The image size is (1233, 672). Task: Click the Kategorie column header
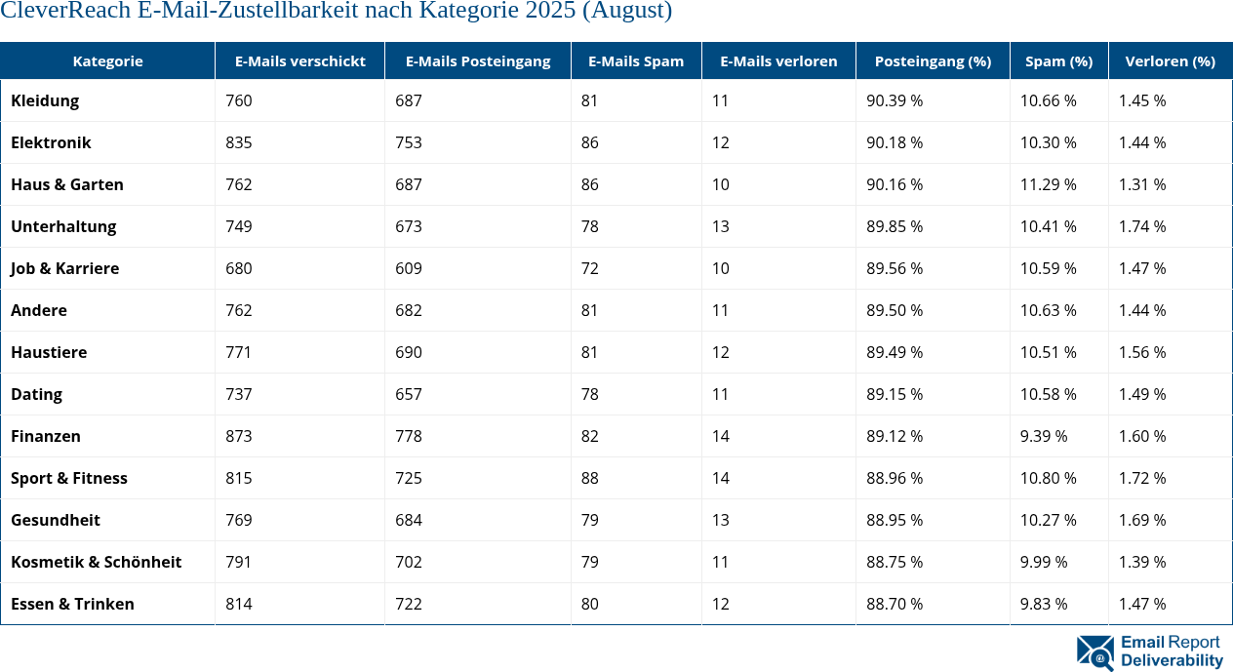pos(107,60)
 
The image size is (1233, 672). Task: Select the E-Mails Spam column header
pos(635,60)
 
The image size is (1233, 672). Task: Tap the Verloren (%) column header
pos(1170,60)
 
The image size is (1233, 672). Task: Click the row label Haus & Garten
pos(67,184)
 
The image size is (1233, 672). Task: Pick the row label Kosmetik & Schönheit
pos(96,562)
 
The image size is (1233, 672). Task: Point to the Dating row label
pos(36,394)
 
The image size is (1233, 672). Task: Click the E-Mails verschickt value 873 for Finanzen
pos(238,436)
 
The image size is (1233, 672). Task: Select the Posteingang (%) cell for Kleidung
pos(895,100)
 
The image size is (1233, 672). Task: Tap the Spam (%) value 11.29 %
pos(1048,184)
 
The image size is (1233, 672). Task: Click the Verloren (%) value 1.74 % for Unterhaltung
pos(1142,226)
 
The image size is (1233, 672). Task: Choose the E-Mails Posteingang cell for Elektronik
pos(408,142)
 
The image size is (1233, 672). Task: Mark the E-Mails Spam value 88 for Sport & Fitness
pos(589,478)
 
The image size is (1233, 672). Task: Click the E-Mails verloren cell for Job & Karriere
pos(720,268)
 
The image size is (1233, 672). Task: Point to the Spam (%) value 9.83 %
pos(1044,604)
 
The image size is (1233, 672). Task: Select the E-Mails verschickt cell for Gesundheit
pos(238,520)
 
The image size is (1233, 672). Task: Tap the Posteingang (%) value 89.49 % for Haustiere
pos(895,352)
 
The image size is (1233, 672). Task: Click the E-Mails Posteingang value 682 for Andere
pos(408,310)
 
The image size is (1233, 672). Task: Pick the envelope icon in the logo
pos(1094,652)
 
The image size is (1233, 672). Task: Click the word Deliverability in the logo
pos(1172,660)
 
